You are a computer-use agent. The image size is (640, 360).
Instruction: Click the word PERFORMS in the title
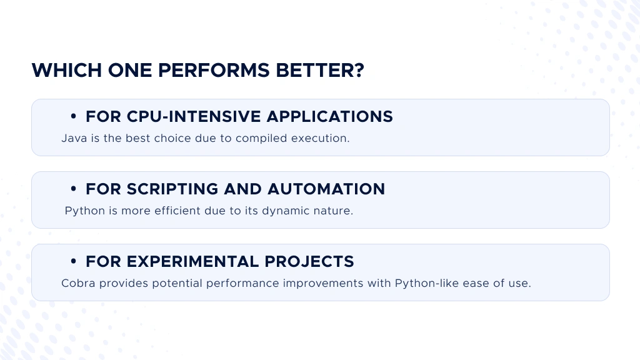(x=214, y=70)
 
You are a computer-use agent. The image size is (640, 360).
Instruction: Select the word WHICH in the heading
(x=66, y=70)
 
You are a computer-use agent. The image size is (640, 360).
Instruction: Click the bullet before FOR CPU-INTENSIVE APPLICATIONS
(x=74, y=116)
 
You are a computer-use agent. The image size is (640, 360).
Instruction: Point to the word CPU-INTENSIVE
(x=194, y=116)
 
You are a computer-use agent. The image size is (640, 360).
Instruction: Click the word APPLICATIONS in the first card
(x=330, y=116)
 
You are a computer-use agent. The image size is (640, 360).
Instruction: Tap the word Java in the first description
(x=74, y=138)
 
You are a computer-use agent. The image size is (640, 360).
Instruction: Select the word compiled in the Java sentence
(x=261, y=139)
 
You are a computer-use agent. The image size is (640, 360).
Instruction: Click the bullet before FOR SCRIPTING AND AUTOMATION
(x=74, y=189)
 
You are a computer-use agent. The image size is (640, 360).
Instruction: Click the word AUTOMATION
(x=326, y=189)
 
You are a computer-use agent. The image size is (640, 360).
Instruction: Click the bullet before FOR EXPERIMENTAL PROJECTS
(x=74, y=262)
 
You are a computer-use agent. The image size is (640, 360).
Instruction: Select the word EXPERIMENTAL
(x=193, y=262)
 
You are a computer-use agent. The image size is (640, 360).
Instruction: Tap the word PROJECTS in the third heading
(x=309, y=262)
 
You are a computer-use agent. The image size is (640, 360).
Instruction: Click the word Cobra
(x=78, y=283)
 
